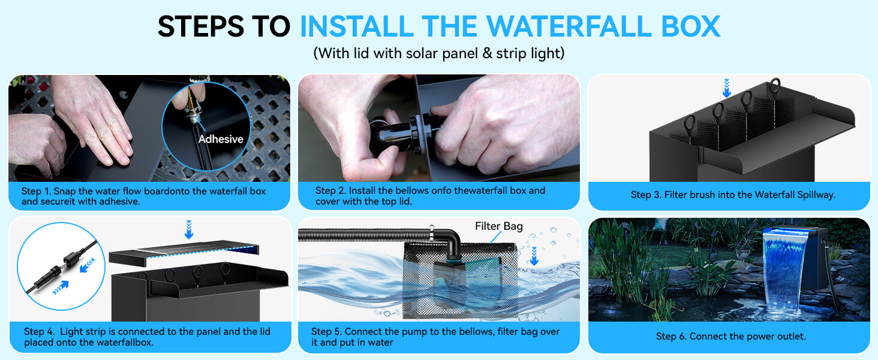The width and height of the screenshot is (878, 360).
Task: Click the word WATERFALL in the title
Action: tap(549, 26)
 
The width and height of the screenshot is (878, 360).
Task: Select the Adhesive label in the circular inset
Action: tap(221, 139)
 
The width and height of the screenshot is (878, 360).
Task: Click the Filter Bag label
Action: tap(498, 226)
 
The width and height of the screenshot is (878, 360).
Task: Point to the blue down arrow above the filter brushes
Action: tap(727, 88)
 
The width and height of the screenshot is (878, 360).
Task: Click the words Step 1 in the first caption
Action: tap(36, 191)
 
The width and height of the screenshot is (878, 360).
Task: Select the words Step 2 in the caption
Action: tap(330, 191)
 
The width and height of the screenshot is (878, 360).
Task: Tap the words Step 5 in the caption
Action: tap(326, 332)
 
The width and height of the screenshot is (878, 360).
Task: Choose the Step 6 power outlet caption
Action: tap(730, 336)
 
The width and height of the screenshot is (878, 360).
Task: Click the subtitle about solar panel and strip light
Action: tap(438, 53)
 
